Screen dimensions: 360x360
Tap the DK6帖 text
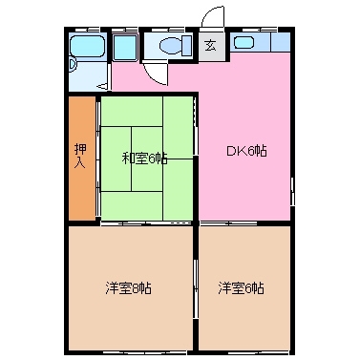click(245, 152)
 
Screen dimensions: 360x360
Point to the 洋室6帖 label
click(241, 287)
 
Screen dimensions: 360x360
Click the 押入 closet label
click(81, 155)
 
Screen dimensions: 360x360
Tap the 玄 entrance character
click(210, 45)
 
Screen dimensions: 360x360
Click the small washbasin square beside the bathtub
click(124, 47)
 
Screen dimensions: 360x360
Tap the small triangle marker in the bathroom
click(73, 64)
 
